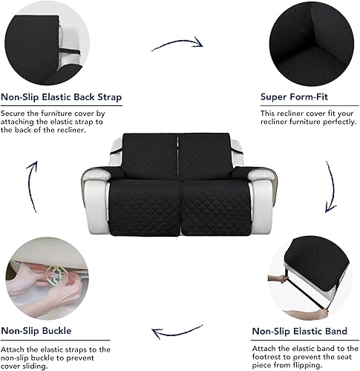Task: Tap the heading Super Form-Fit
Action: (x=294, y=97)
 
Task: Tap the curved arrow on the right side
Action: (x=330, y=189)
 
